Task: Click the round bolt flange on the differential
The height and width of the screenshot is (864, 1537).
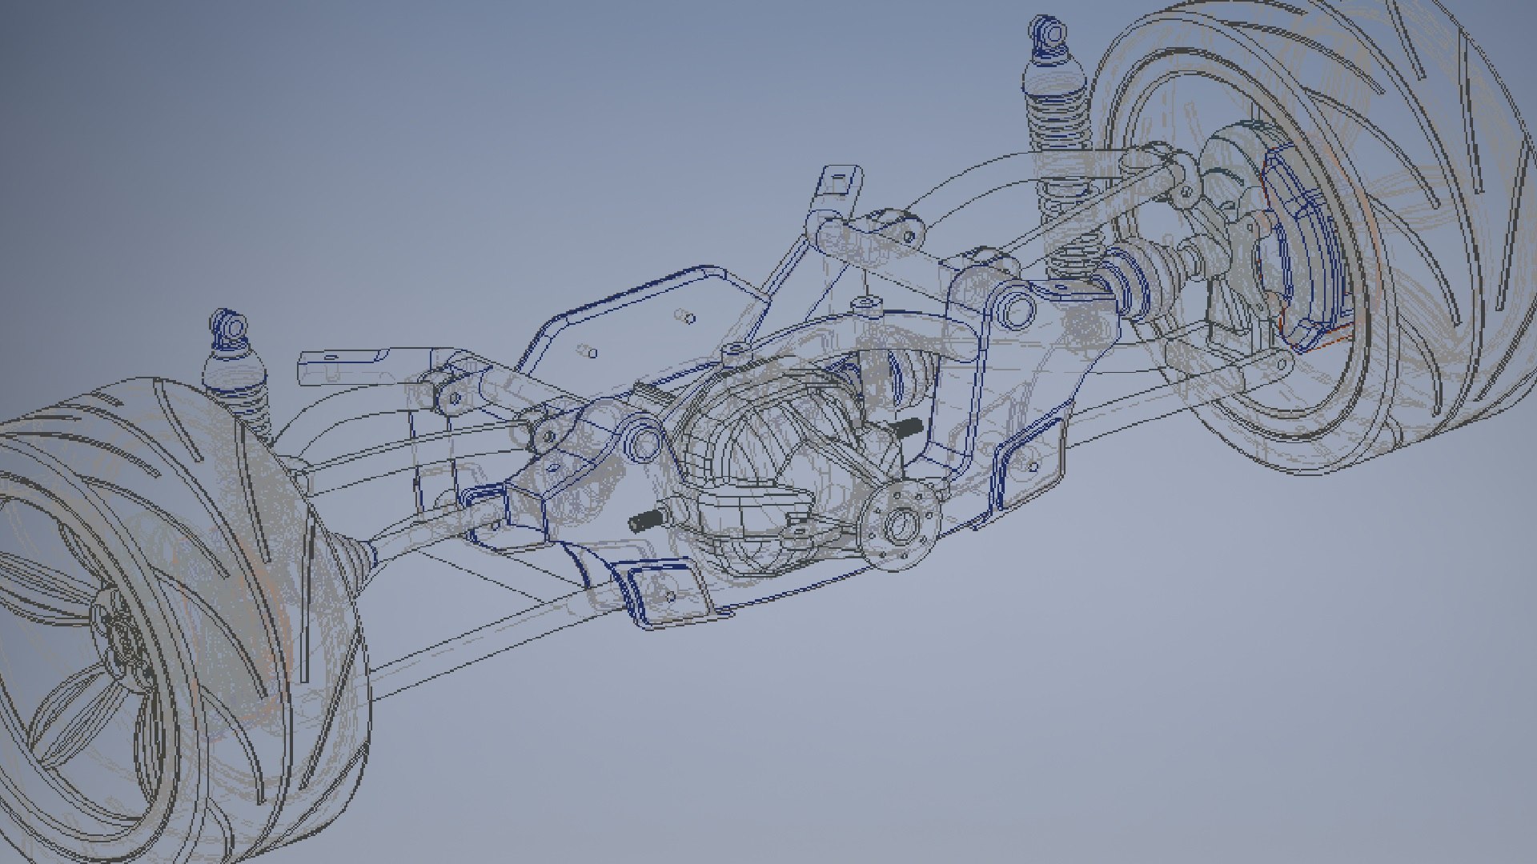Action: point(903,524)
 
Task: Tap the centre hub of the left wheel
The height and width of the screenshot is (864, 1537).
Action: point(120,640)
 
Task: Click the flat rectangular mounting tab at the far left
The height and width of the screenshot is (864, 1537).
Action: point(336,368)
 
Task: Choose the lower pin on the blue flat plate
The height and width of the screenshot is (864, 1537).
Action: point(588,351)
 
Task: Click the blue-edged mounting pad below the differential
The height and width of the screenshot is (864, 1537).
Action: point(664,592)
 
